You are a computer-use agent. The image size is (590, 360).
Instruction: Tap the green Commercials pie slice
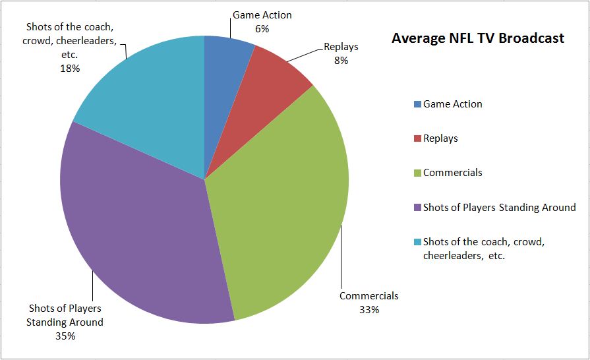pyautogui.click(x=283, y=204)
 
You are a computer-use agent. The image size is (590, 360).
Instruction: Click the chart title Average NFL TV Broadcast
pyautogui.click(x=477, y=38)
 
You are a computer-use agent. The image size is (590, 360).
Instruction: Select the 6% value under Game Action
pyautogui.click(x=262, y=28)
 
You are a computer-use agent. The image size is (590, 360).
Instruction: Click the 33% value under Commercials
pyautogui.click(x=369, y=309)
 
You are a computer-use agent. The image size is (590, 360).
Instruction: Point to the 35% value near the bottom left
pyautogui.click(x=65, y=336)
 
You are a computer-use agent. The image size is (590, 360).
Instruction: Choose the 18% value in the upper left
pyautogui.click(x=71, y=68)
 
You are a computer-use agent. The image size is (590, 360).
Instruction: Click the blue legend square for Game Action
pyautogui.click(x=417, y=104)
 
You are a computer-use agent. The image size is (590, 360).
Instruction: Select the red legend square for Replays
pyautogui.click(x=417, y=138)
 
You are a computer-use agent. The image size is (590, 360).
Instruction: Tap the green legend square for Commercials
pyautogui.click(x=417, y=173)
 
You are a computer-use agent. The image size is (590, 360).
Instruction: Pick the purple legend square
pyautogui.click(x=417, y=208)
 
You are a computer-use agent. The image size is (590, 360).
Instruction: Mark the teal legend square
pyautogui.click(x=417, y=242)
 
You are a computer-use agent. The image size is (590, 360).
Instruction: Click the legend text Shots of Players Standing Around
pyautogui.click(x=499, y=208)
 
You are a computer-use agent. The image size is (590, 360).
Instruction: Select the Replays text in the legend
pyautogui.click(x=440, y=138)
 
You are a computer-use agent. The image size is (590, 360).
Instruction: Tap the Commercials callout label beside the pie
pyautogui.click(x=369, y=296)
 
